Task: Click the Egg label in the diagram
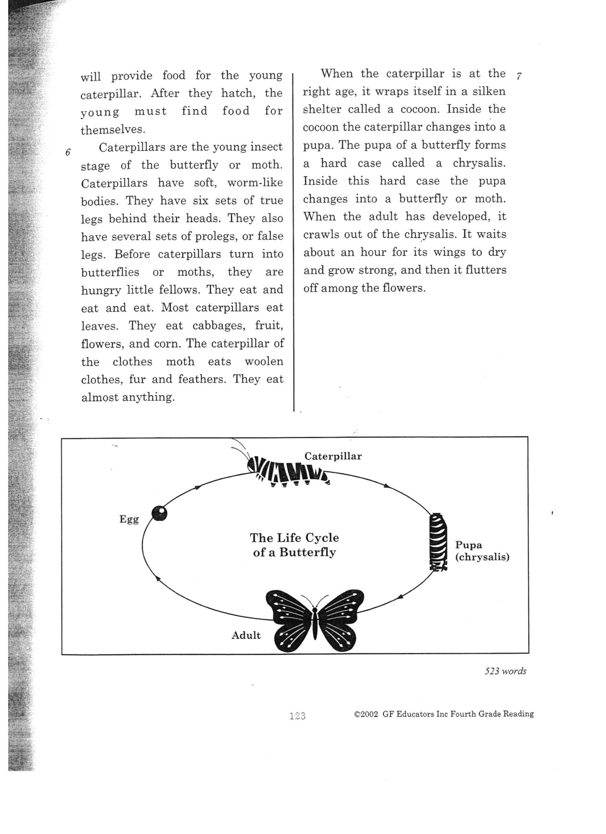pyautogui.click(x=129, y=519)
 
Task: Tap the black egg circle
pyautogui.click(x=159, y=513)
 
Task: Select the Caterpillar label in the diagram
pyautogui.click(x=333, y=456)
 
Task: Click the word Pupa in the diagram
pyautogui.click(x=468, y=545)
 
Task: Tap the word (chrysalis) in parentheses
pyautogui.click(x=482, y=557)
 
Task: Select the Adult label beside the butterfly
pyautogui.click(x=246, y=635)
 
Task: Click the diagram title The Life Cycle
pyautogui.click(x=294, y=538)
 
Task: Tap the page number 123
pyautogui.click(x=297, y=716)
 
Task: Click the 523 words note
pyautogui.click(x=505, y=671)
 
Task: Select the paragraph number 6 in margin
pyautogui.click(x=68, y=152)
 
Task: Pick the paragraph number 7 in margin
pyautogui.click(x=519, y=76)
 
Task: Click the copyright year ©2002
pyautogui.click(x=366, y=714)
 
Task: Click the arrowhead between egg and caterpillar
pyautogui.click(x=198, y=487)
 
